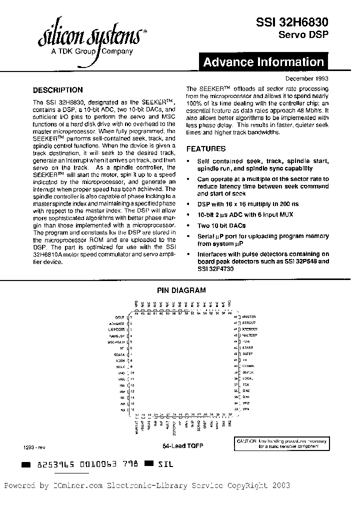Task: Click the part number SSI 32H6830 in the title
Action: [x=292, y=22]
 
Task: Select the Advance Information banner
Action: [x=263, y=62]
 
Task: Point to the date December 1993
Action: [x=307, y=78]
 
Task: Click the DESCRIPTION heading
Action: [x=57, y=90]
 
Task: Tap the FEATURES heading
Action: [x=205, y=148]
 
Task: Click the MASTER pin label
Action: [x=248, y=317]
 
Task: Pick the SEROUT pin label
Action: [x=248, y=323]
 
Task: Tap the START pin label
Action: [x=247, y=347]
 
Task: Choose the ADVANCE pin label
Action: [x=117, y=323]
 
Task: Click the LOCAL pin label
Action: [x=247, y=378]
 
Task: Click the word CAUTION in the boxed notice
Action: [x=246, y=441]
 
